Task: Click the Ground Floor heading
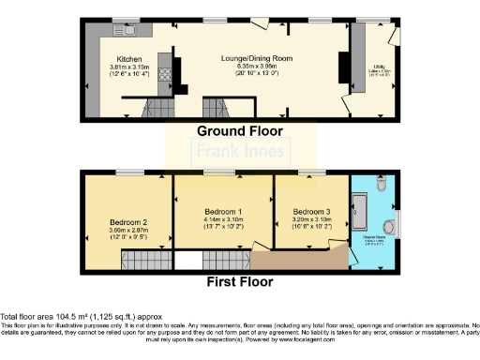pos(239,130)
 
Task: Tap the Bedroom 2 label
pos(124,222)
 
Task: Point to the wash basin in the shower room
pos(389,225)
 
